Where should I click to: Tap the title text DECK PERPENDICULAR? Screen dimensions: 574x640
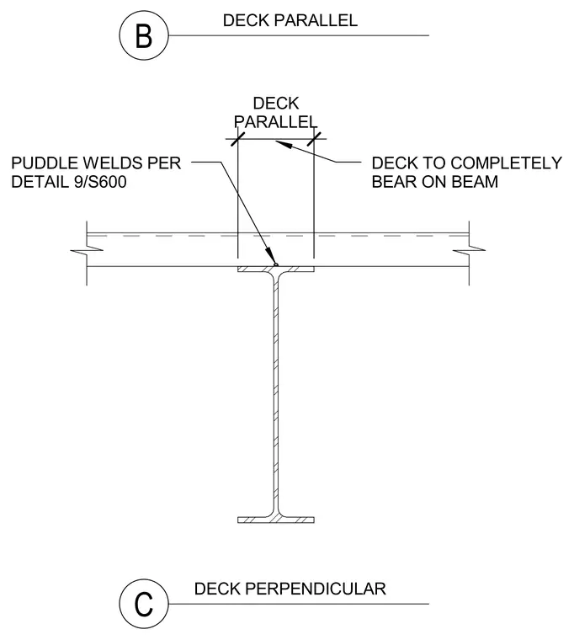click(x=290, y=589)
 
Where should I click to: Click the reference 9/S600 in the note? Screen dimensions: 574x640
click(x=100, y=182)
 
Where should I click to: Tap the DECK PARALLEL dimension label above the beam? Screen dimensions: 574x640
click(x=276, y=113)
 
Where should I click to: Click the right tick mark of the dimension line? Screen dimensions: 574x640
click(x=314, y=139)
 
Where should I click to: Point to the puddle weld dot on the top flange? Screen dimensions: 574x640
click(x=276, y=265)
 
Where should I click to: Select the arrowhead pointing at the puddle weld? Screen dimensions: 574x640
click(x=270, y=256)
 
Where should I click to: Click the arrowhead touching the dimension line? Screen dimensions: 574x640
click(x=284, y=144)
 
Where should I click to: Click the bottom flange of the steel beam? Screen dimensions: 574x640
click(x=276, y=520)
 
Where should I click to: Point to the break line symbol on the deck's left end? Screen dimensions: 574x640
click(x=87, y=250)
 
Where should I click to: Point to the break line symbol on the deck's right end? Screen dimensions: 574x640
click(x=469, y=250)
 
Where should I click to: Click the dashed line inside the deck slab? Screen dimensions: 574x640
click(x=278, y=236)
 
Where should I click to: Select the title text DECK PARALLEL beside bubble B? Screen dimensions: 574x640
click(x=290, y=21)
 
